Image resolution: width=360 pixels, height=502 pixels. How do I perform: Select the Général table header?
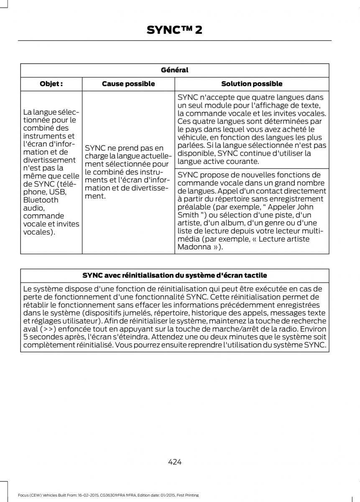175,70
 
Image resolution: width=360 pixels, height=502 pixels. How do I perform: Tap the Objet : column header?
51,84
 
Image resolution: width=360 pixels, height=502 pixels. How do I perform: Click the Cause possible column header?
128,84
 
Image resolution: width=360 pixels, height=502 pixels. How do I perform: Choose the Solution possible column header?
252,84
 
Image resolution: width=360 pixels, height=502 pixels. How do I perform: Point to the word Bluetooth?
41,200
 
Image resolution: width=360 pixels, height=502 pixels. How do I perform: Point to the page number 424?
175,462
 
